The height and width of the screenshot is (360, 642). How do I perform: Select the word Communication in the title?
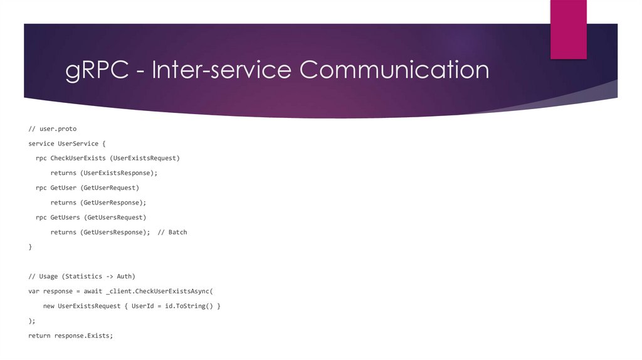[x=394, y=70]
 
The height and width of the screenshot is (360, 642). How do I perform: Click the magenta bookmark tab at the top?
[x=568, y=29]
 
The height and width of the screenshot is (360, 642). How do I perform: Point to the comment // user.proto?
[x=52, y=129]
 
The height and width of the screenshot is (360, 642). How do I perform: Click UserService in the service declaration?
[x=78, y=144]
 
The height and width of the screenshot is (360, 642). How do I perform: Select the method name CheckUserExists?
[x=78, y=158]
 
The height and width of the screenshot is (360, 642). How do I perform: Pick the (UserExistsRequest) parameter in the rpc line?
[x=144, y=158]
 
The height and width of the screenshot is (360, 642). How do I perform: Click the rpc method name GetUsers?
[x=65, y=217]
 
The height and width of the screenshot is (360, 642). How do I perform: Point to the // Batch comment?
[x=172, y=232]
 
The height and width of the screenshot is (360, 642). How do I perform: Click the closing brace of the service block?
[x=30, y=247]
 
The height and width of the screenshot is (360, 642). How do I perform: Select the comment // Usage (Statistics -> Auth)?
[x=82, y=277]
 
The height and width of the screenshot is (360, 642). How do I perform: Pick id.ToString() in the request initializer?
[x=189, y=306]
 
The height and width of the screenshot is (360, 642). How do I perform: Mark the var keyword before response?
[x=34, y=291]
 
